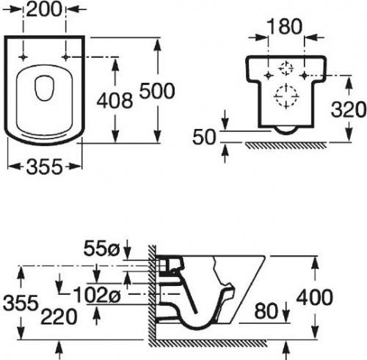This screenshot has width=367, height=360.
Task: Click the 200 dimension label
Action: pos(44,10)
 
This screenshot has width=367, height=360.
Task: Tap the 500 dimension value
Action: pos(157,91)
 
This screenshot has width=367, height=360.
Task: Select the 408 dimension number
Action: pos(115,100)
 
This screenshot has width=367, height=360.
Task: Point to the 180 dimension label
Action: pos(285,26)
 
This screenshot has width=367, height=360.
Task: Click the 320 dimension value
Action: pos(349,109)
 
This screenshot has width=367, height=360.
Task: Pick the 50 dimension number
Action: pos(204,137)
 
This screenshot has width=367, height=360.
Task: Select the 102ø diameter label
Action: pos(97,294)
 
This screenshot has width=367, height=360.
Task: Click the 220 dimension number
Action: pos(59,317)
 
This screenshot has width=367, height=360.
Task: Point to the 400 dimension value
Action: pos(314,298)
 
